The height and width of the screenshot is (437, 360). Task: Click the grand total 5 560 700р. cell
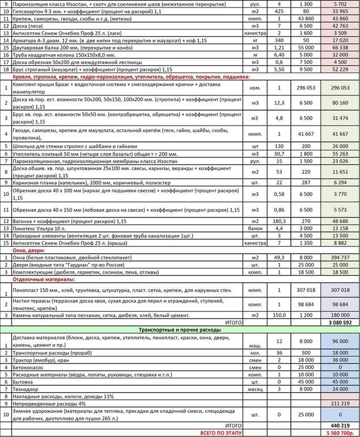(x=337, y=432)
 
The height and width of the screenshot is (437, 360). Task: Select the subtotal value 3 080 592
(x=337, y=322)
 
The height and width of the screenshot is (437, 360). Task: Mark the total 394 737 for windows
(x=337, y=257)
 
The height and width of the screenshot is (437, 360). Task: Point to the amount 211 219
(x=337, y=404)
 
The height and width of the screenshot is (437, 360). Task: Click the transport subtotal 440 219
(x=337, y=425)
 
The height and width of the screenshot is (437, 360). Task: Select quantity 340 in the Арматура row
(x=279, y=40)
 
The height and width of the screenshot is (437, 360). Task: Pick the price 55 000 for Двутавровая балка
(x=306, y=48)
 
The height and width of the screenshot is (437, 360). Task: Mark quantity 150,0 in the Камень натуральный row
(x=279, y=314)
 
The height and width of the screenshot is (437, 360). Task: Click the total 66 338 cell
(x=337, y=48)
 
